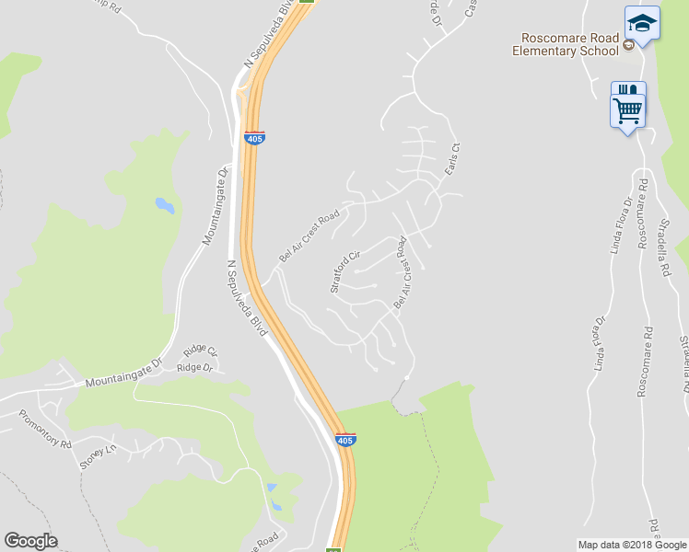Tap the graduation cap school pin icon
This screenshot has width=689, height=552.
(x=642, y=24)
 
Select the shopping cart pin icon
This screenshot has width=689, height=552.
(x=628, y=111)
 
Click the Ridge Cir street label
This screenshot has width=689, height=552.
(x=199, y=351)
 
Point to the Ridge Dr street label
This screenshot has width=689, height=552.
(x=194, y=368)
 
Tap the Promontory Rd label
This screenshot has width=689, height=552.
(x=45, y=429)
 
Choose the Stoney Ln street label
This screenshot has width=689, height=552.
(x=99, y=456)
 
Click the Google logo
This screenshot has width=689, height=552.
(x=30, y=541)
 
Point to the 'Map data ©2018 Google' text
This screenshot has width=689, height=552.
(x=633, y=545)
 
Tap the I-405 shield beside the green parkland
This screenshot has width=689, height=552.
(x=345, y=440)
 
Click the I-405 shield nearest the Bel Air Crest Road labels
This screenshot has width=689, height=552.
(x=255, y=137)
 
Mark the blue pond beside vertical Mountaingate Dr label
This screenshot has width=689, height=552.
(x=164, y=204)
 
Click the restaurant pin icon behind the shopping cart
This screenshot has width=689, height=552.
(x=627, y=90)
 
